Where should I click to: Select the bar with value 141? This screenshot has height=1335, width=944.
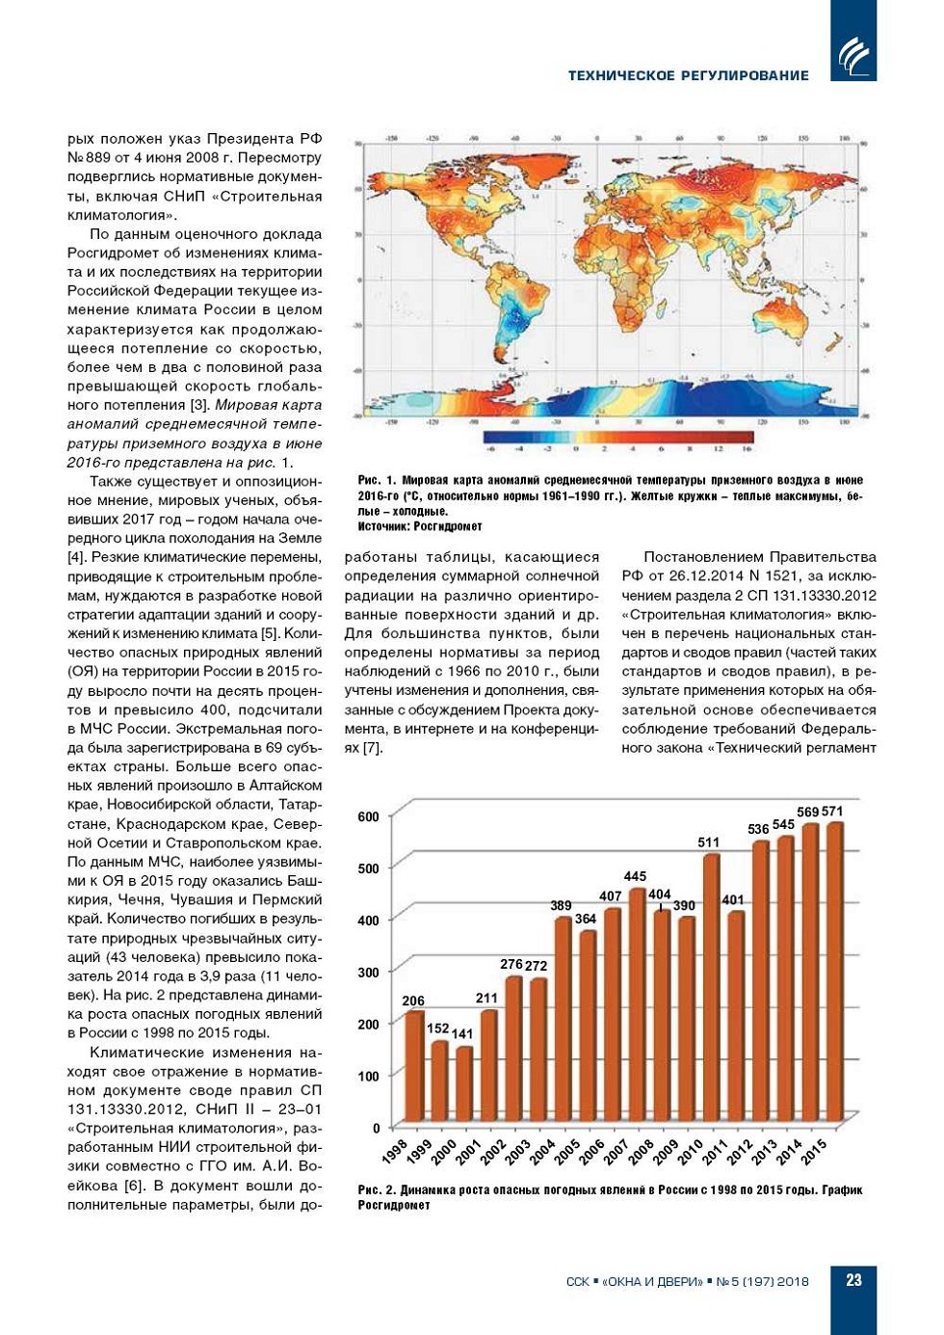[464, 1089]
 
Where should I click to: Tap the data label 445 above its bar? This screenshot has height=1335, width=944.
[635, 876]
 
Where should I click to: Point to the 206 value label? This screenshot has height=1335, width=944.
[413, 1001]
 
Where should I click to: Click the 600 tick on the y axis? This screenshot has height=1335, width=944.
[369, 816]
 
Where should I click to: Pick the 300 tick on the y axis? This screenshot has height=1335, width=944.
[369, 973]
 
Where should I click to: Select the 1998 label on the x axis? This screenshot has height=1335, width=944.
[395, 1151]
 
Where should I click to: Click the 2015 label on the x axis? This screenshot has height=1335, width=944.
[815, 1151]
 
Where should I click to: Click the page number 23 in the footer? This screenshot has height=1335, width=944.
[853, 1280]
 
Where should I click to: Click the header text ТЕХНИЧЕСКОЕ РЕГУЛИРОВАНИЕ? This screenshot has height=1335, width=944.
[688, 75]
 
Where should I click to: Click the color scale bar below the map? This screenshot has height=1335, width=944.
[617, 438]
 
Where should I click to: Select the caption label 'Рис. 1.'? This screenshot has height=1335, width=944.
[377, 480]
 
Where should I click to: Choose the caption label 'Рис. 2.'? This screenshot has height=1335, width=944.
[377, 1190]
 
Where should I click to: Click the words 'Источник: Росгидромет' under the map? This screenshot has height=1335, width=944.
[420, 526]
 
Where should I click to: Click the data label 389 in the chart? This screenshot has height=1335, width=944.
[561, 905]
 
